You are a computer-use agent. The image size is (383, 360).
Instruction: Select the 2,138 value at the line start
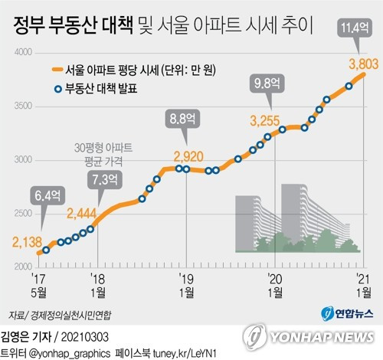(27, 243)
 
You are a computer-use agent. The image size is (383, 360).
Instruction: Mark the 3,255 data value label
(266, 119)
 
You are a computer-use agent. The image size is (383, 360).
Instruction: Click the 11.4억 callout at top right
(352, 29)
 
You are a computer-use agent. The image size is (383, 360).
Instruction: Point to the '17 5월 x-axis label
(39, 283)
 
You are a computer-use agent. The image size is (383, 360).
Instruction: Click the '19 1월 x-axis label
(182, 283)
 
